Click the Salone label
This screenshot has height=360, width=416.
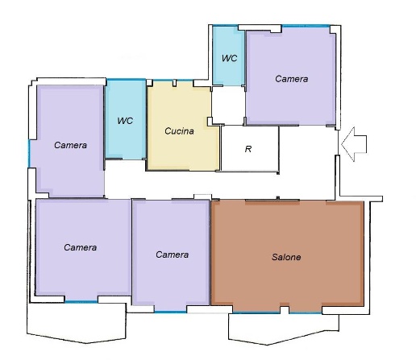pyautogui.click(x=286, y=257)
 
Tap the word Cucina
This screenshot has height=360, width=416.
pyautogui.click(x=179, y=131)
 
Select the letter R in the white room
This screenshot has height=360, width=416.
pyautogui.click(x=248, y=149)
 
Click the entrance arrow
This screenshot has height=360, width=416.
pyautogui.click(x=354, y=144)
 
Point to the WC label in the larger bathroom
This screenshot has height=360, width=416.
pyautogui.click(x=125, y=121)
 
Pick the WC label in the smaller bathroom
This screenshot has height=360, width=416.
pyautogui.click(x=229, y=58)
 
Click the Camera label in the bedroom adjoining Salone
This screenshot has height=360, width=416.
pyautogui.click(x=173, y=254)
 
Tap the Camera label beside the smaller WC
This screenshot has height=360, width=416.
pyautogui.click(x=292, y=79)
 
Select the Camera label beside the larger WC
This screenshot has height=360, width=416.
pyautogui.click(x=70, y=145)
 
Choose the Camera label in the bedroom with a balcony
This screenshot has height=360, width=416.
pyautogui.click(x=81, y=247)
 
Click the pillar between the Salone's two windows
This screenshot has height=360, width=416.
pyautogui.click(x=285, y=309)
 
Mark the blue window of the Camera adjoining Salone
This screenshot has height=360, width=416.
pyautogui.click(x=171, y=312)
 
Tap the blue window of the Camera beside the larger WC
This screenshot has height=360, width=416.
pyautogui.click(x=29, y=154)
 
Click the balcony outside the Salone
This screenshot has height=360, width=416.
pyautogui.click(x=284, y=329)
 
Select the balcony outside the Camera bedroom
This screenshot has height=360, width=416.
pyautogui.click(x=77, y=322)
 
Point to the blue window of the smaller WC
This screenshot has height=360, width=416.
pyautogui.click(x=225, y=26)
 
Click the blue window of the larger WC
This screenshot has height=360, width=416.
pyautogui.click(x=126, y=80)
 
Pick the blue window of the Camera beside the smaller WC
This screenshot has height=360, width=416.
pyautogui.click(x=306, y=26)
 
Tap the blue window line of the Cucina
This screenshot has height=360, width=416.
pyautogui.click(x=173, y=80)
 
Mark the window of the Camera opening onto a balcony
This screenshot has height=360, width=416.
pyautogui.click(x=81, y=302)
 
